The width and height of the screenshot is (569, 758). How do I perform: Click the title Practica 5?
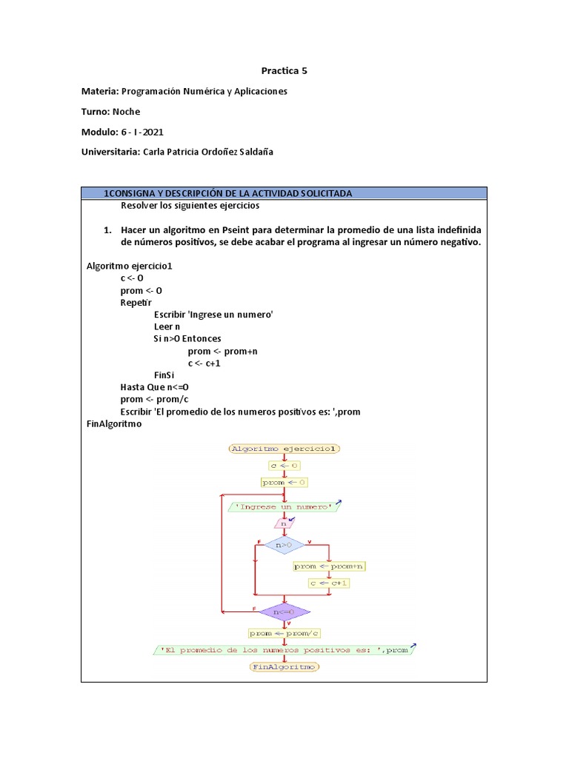[x=284, y=71]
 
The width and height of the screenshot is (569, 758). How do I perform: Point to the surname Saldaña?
[x=253, y=152]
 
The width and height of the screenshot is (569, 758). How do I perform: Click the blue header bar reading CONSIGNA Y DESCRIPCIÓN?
[x=284, y=193]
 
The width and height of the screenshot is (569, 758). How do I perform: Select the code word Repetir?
[x=136, y=302]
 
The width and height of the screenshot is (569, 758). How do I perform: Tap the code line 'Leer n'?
[x=167, y=326]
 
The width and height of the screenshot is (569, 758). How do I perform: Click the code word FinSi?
[x=164, y=375]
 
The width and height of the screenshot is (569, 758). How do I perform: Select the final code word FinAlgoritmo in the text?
[x=114, y=424]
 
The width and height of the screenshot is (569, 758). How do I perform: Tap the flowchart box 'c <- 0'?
[x=284, y=466]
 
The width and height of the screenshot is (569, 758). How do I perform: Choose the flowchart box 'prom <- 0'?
[x=284, y=482]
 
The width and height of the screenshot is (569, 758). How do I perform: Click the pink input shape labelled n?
[x=283, y=523]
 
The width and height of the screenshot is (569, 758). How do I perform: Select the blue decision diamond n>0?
[x=284, y=546]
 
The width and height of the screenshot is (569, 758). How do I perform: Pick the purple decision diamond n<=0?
[x=284, y=612]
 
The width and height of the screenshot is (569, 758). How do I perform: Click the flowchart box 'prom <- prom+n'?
[x=329, y=566]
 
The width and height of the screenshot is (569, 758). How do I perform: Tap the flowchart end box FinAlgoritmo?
[x=284, y=667]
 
